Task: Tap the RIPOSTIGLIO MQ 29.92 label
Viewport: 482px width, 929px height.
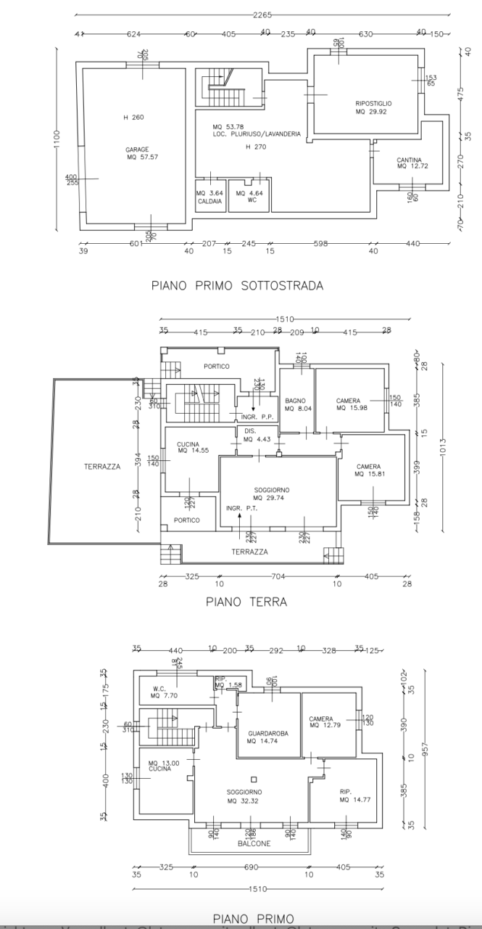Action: click(x=374, y=108)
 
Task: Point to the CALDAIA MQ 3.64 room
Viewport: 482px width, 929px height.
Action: click(x=209, y=197)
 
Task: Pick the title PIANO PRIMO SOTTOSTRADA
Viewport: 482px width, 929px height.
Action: click(x=237, y=285)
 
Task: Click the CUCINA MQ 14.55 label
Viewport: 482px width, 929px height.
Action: click(x=187, y=447)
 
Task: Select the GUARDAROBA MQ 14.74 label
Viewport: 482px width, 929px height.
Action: click(x=267, y=737)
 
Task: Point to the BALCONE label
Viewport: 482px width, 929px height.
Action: click(x=254, y=844)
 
